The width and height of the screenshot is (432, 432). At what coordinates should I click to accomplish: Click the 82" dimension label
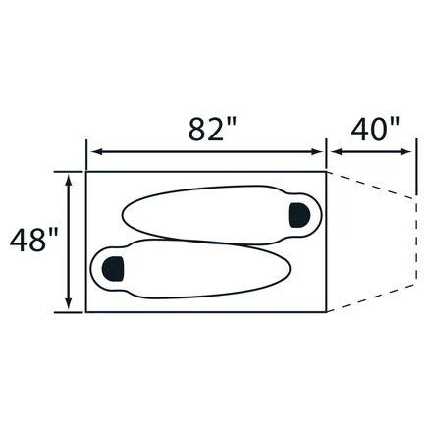pyautogui.click(x=212, y=129)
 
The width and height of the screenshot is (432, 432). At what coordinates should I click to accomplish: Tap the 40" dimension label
pyautogui.click(x=375, y=129)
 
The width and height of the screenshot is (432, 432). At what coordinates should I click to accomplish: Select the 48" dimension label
pyautogui.click(x=34, y=240)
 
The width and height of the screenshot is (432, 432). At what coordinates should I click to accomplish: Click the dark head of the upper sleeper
pyautogui.click(x=299, y=215)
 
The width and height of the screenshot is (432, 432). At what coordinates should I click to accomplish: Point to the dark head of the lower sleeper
pyautogui.click(x=113, y=269)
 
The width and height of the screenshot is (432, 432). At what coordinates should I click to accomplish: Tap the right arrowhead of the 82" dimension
pyautogui.click(x=316, y=152)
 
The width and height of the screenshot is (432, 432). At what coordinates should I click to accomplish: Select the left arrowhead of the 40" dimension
pyautogui.click(x=337, y=152)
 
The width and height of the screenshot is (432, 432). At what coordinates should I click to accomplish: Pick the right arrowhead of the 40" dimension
pyautogui.click(x=405, y=152)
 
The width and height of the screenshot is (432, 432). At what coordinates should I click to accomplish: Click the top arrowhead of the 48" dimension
pyautogui.click(x=69, y=180)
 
